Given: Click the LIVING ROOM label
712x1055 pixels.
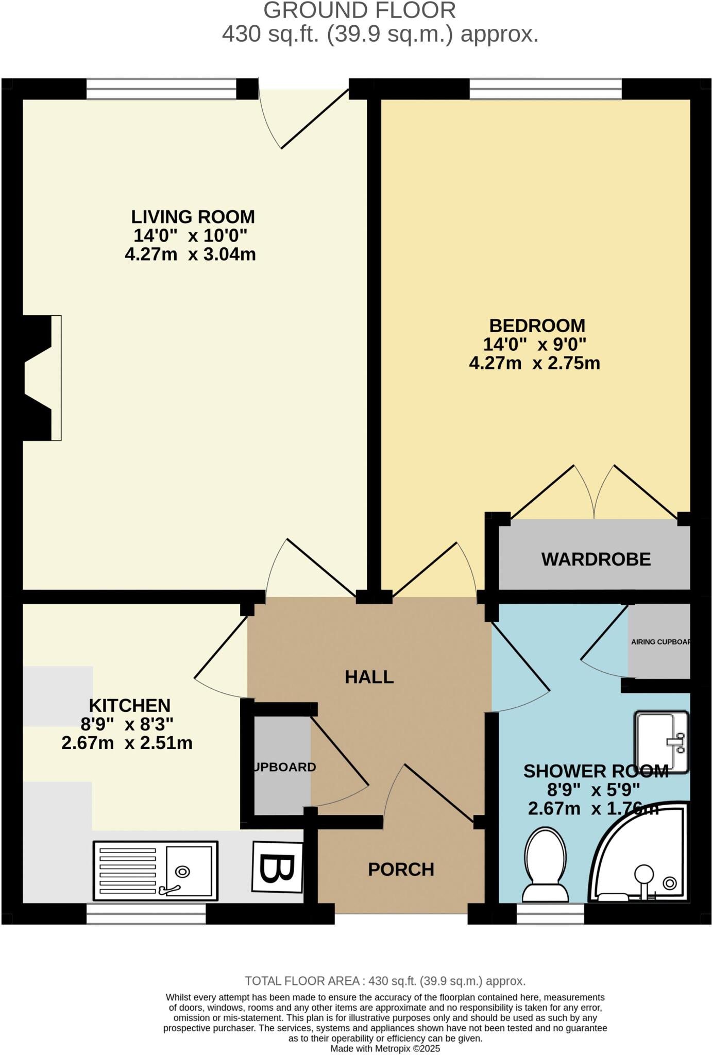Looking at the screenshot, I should pos(193,217).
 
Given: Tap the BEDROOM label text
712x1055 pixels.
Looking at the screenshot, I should pos(537,326).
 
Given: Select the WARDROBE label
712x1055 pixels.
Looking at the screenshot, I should pos(596,559).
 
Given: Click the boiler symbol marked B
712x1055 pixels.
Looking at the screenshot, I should pos(277,867).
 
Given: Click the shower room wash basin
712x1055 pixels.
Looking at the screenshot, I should pos(662,742).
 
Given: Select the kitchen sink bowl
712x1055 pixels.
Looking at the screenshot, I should pos(189,870).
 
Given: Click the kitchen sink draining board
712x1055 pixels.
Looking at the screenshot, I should pos(127,871).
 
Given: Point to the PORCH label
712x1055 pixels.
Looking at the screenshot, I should pos(401,870).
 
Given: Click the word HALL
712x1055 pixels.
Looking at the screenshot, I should pos(369,677).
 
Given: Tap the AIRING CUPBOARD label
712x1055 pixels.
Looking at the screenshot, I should pos(660,642).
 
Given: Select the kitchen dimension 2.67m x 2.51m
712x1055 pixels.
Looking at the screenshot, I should pos(127,743).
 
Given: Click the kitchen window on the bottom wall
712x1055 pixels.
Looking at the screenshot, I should pos(146,914).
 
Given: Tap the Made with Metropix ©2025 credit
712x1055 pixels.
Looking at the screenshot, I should pos(385,1048).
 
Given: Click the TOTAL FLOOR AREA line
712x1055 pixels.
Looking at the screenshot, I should pos(385,981).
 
